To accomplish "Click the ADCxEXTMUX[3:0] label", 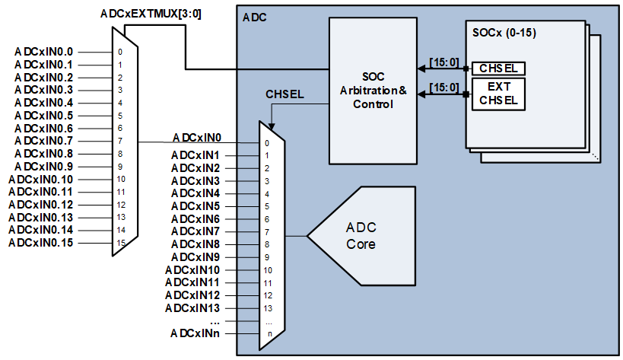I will [x=151, y=14].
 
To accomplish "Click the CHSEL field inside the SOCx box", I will [x=498, y=68].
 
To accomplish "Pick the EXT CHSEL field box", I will [x=498, y=94].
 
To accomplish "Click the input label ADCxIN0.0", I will [x=43, y=52].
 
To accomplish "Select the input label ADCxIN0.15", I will [x=40, y=243].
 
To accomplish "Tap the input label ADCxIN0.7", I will [x=43, y=141].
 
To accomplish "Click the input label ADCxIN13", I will [x=192, y=308].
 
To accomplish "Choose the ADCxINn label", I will [x=195, y=333].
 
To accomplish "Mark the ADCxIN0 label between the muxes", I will [x=196, y=138].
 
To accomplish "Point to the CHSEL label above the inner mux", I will [x=284, y=94].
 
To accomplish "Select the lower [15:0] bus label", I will [x=444, y=88].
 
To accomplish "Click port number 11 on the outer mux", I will [x=120, y=192].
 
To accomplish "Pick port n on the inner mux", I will [x=267, y=334].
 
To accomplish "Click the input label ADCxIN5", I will [x=195, y=206].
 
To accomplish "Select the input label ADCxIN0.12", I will [x=40, y=205].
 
